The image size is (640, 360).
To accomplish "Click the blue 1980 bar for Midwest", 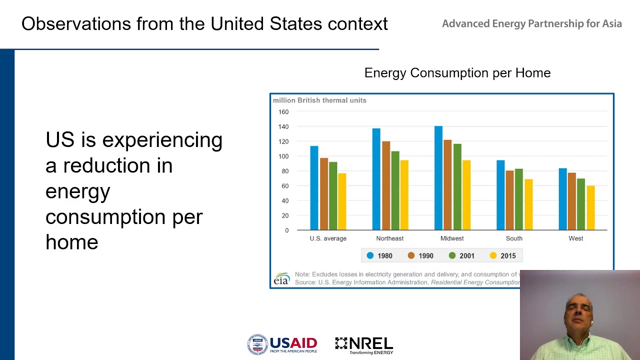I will tap(438, 178).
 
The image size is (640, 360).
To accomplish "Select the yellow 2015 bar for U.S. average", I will tap(342, 201).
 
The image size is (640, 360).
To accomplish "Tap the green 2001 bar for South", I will tap(519, 199).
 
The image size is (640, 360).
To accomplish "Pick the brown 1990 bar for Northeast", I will tap(386, 185).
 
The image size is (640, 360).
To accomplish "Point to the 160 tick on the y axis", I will tap(283, 112).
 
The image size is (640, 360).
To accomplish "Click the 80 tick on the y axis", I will tap(285, 171).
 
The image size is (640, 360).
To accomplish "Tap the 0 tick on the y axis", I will tap(286, 230).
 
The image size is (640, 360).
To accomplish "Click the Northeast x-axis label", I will tap(389, 238).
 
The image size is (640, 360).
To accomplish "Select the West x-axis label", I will tap(575, 238).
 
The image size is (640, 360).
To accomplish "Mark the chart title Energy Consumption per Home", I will tap(457, 73).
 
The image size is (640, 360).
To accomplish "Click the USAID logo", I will tap(282, 344).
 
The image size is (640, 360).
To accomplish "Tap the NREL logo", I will tap(364, 344).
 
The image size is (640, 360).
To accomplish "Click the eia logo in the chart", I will tap(281, 279).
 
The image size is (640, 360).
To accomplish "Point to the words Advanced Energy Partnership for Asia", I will tap(531, 24).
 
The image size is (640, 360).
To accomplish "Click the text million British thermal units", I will tap(319, 100).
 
